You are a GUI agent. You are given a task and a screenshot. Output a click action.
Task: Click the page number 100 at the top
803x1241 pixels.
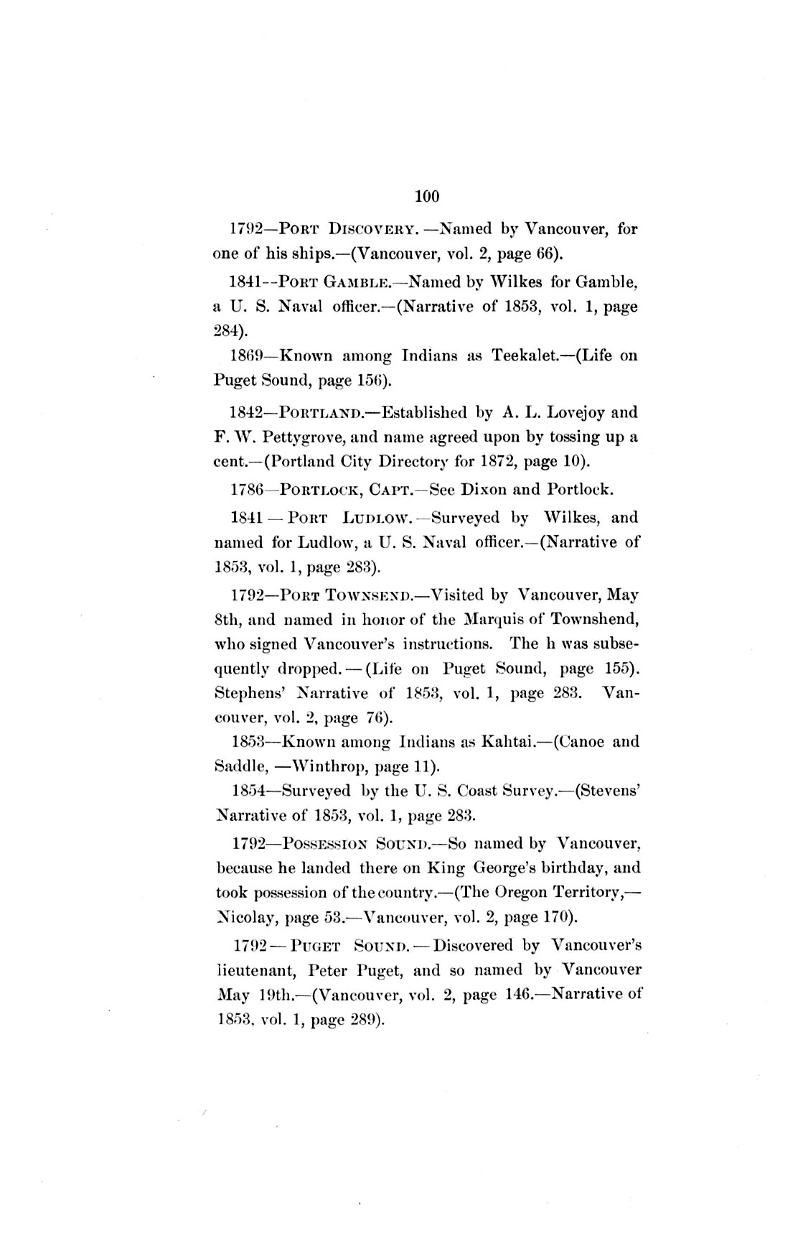(x=426, y=196)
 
